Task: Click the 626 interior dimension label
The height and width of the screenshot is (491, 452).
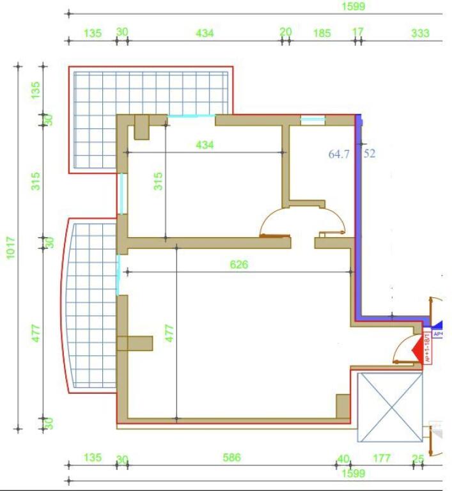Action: pos(238,264)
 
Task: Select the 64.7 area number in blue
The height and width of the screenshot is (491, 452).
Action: pos(339,154)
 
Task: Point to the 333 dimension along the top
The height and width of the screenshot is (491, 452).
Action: pos(420,33)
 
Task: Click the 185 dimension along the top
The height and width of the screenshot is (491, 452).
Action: pos(322,33)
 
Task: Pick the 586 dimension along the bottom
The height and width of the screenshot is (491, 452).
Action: pos(231,457)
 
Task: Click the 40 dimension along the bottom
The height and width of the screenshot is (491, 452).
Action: pos(344,458)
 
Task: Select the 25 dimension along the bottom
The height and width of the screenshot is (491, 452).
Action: pos(418,458)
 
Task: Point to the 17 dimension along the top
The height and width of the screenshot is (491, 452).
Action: pos(358,31)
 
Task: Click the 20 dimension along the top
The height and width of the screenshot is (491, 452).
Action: pos(286,31)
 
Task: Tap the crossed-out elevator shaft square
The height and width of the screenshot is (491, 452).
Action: pos(390,407)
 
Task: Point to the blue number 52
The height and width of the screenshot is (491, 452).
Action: pos(370,154)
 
